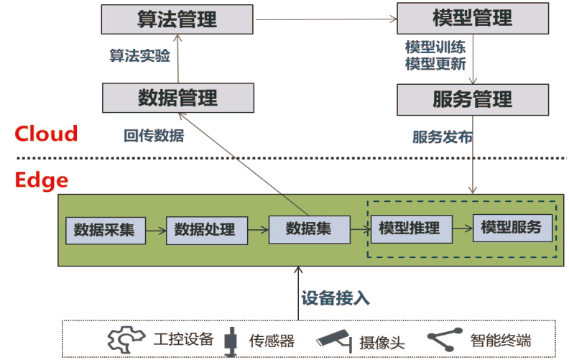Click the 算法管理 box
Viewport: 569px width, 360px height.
pyautogui.click(x=177, y=19)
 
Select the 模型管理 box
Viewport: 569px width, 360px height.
pyautogui.click(x=472, y=19)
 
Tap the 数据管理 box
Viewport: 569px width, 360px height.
pyautogui.click(x=177, y=98)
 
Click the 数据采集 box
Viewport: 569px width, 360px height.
pyautogui.click(x=104, y=230)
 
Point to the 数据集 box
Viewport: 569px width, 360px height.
pyautogui.click(x=309, y=229)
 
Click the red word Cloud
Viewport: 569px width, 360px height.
pyautogui.click(x=46, y=134)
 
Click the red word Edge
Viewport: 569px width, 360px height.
pyautogui.click(x=41, y=180)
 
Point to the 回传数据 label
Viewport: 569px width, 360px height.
pyautogui.click(x=154, y=135)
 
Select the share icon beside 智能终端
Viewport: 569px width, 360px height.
pyautogui.click(x=443, y=339)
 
